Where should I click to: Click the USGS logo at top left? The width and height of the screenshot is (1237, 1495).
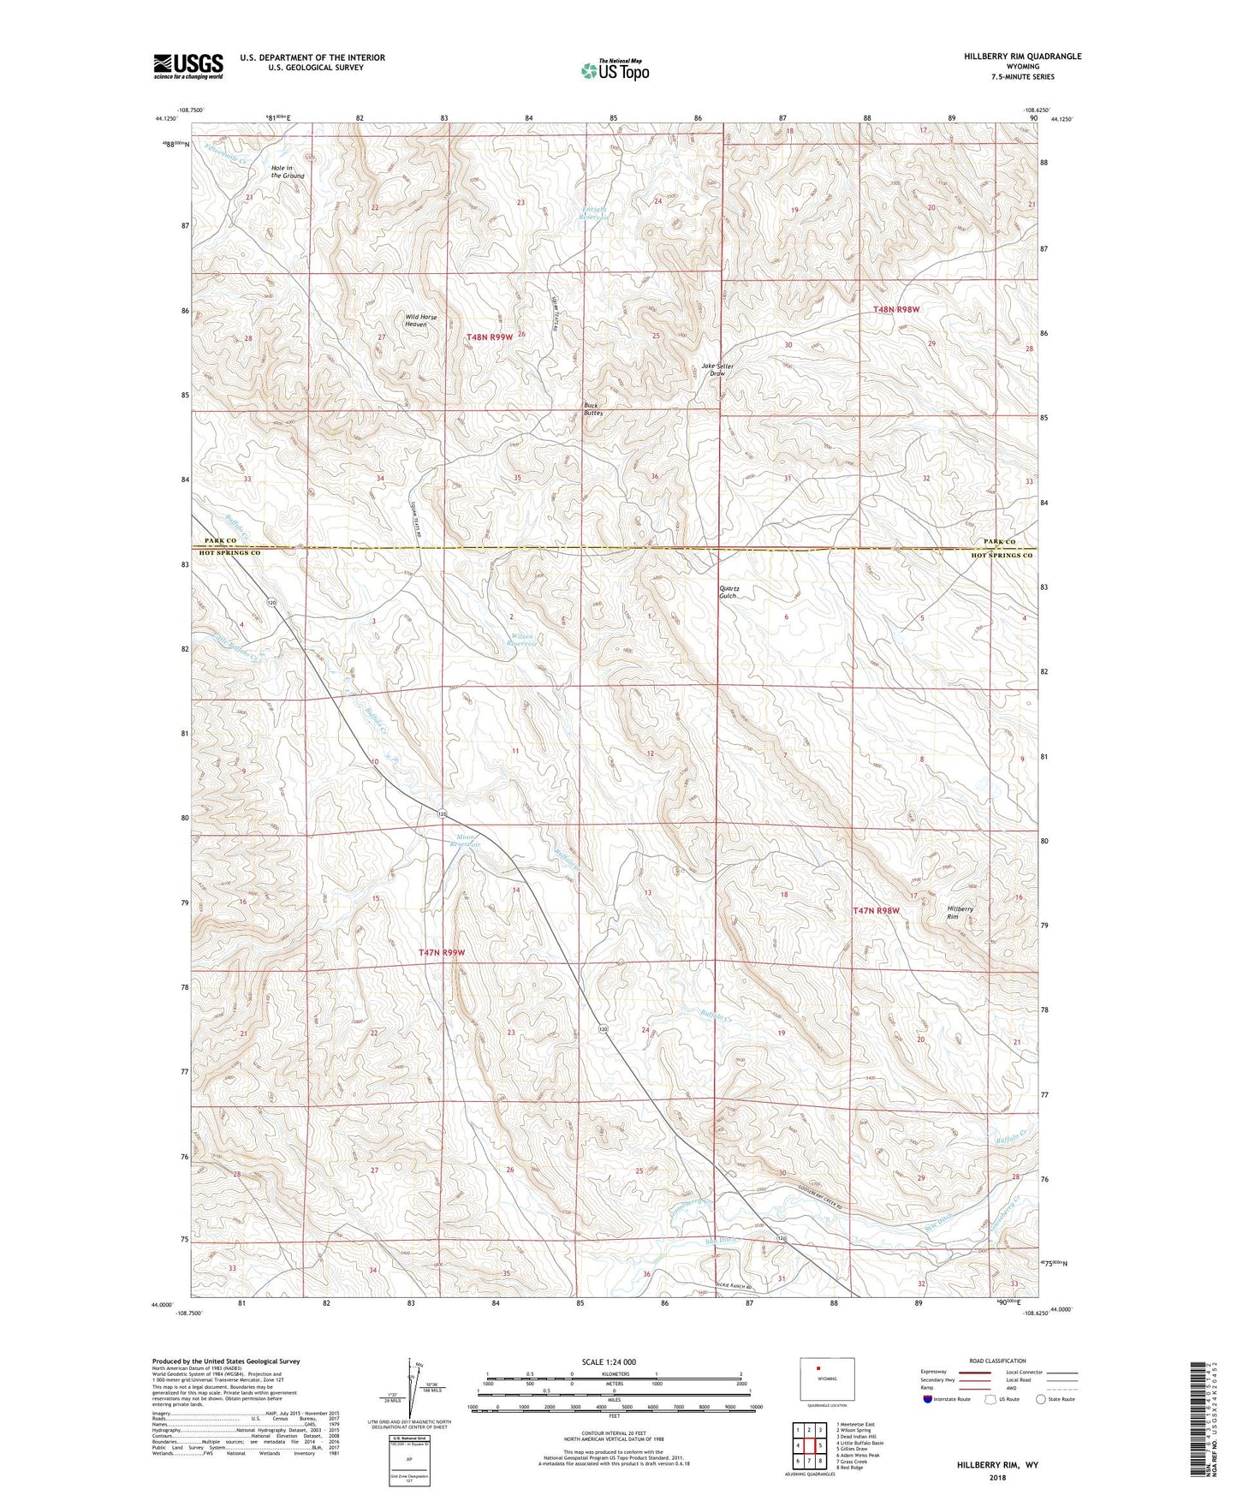[188, 66]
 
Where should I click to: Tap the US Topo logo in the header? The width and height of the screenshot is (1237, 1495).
[615, 70]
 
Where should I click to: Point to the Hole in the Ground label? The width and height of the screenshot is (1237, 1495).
[288, 171]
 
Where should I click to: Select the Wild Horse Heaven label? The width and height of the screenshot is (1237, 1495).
[420, 320]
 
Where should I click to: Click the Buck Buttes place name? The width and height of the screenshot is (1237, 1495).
[593, 408]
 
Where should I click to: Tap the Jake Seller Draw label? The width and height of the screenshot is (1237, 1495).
[717, 370]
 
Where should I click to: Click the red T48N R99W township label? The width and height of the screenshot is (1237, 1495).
[490, 337]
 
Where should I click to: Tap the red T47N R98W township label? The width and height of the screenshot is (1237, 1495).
[876, 911]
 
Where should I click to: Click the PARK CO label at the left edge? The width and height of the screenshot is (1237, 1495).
[220, 541]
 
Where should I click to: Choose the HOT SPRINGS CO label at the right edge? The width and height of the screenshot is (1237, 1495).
[1001, 556]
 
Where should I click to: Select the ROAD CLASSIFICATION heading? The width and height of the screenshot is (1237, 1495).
[997, 1361]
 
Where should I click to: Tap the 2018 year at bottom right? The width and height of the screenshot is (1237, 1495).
[997, 1476]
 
